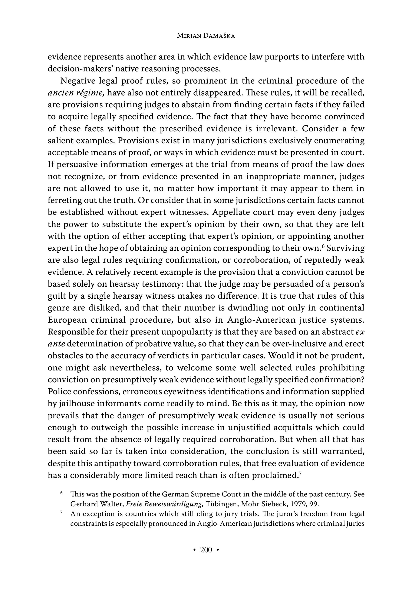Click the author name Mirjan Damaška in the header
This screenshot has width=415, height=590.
(x=206, y=36)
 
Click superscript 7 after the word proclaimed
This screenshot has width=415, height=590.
(x=300, y=473)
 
